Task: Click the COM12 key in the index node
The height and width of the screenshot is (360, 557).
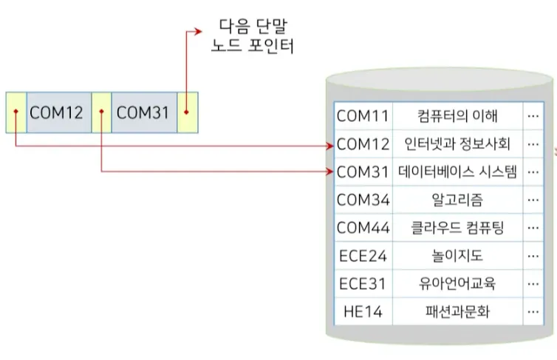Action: [56, 113]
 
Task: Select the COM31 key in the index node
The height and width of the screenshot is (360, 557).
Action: [143, 113]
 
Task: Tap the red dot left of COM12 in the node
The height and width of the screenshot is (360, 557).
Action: [15, 114]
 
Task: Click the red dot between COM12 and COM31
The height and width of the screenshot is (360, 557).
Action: [100, 114]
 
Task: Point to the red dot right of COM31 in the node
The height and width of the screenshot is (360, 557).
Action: [187, 114]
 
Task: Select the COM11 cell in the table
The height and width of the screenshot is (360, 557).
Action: [363, 116]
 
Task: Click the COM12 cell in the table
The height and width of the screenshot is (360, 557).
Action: [363, 143]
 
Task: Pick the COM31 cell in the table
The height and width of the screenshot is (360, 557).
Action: [363, 171]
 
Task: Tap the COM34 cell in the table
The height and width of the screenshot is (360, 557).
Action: [363, 200]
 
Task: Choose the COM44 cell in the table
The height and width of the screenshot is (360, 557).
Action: [363, 228]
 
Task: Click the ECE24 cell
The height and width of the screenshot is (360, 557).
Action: [363, 256]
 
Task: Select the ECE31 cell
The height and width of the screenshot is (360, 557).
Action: [363, 284]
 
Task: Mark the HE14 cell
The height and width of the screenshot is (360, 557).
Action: [363, 312]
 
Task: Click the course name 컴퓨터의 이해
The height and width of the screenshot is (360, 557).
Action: [457, 116]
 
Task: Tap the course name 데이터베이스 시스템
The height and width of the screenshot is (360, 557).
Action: [457, 171]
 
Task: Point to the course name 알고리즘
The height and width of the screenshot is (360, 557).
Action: [457, 200]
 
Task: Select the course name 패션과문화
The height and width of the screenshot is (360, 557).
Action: [457, 312]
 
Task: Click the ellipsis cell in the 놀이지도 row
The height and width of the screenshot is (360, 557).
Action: [532, 256]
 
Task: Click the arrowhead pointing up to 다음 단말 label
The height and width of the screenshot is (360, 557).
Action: [198, 31]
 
